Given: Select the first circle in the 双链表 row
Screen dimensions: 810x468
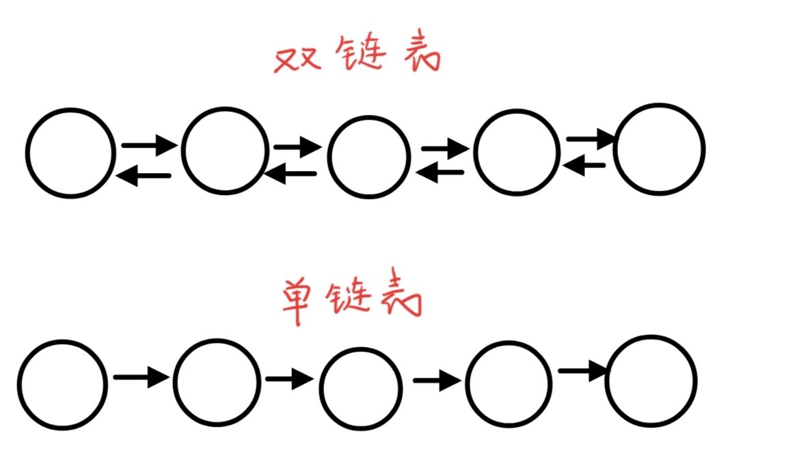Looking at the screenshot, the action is pos(70,153).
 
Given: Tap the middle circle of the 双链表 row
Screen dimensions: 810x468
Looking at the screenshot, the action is pos(369,157).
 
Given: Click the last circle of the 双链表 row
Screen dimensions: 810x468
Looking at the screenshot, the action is pos(659,149).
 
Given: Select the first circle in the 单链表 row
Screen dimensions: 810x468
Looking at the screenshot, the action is pos(62,385).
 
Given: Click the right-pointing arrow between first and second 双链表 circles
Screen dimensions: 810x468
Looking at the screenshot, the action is pos(149,145).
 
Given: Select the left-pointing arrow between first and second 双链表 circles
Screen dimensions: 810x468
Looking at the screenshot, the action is pos(144,177).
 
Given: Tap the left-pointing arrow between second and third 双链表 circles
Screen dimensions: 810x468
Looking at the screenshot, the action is pos(291,174).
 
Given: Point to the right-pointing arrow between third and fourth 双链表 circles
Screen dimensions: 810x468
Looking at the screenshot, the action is pos(446,148).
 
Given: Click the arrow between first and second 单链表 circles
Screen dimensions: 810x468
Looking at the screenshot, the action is pos(141,376).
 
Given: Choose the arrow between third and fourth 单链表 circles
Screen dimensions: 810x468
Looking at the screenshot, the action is pos(435,380).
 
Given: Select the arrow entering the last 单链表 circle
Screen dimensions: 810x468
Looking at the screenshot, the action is pos(583,372).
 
